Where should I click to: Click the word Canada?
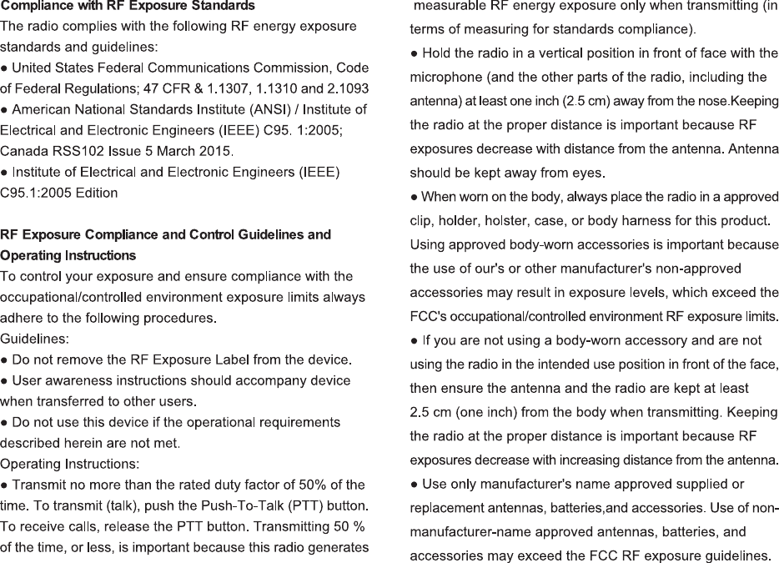coord(23,151)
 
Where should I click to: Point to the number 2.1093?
coord(344,88)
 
